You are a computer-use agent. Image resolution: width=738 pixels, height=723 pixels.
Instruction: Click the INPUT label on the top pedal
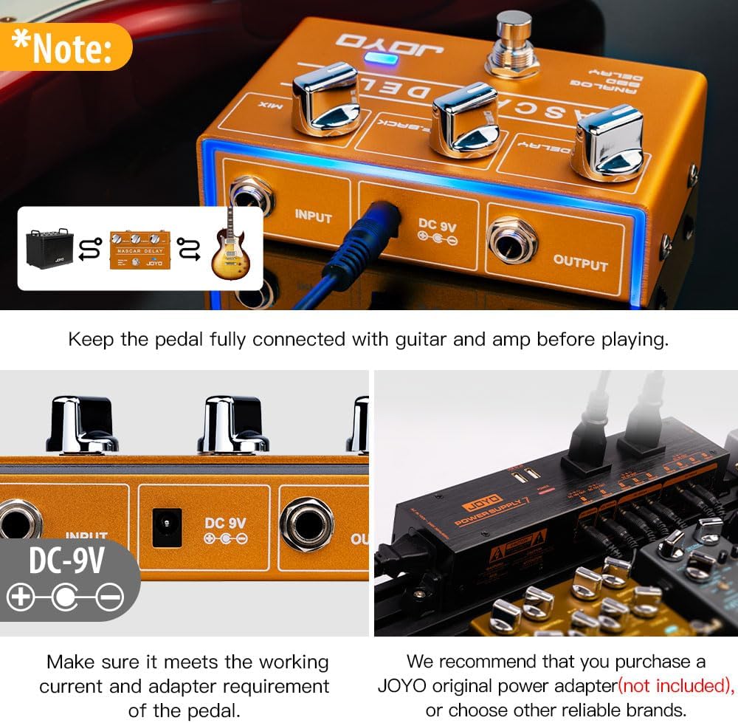point(314,216)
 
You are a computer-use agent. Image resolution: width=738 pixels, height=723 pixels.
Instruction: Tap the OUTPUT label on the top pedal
point(580,263)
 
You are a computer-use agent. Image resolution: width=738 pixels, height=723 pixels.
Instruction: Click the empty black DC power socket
point(167,527)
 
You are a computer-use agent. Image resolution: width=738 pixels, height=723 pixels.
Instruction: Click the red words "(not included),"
point(675,685)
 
